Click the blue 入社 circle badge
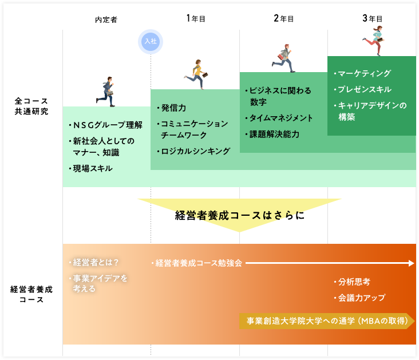(x=151, y=42)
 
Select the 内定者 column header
(x=106, y=19)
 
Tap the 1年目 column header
(x=196, y=18)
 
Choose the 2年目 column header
(x=283, y=18)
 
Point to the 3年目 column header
(x=372, y=18)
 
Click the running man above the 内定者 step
(x=105, y=92)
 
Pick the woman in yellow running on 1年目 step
(x=196, y=74)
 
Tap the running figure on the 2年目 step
(x=283, y=58)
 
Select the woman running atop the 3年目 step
(x=374, y=41)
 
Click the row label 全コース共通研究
(x=31, y=106)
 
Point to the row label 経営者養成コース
(x=31, y=294)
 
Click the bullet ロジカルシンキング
(x=193, y=151)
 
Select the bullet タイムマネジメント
(x=279, y=118)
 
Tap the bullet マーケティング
(x=362, y=73)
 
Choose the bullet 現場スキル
(x=90, y=168)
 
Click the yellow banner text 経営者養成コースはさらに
(x=240, y=215)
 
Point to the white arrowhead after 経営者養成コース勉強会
(x=412, y=263)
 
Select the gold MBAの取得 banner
(x=327, y=321)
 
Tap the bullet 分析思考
(x=352, y=282)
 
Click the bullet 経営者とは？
(x=94, y=263)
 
